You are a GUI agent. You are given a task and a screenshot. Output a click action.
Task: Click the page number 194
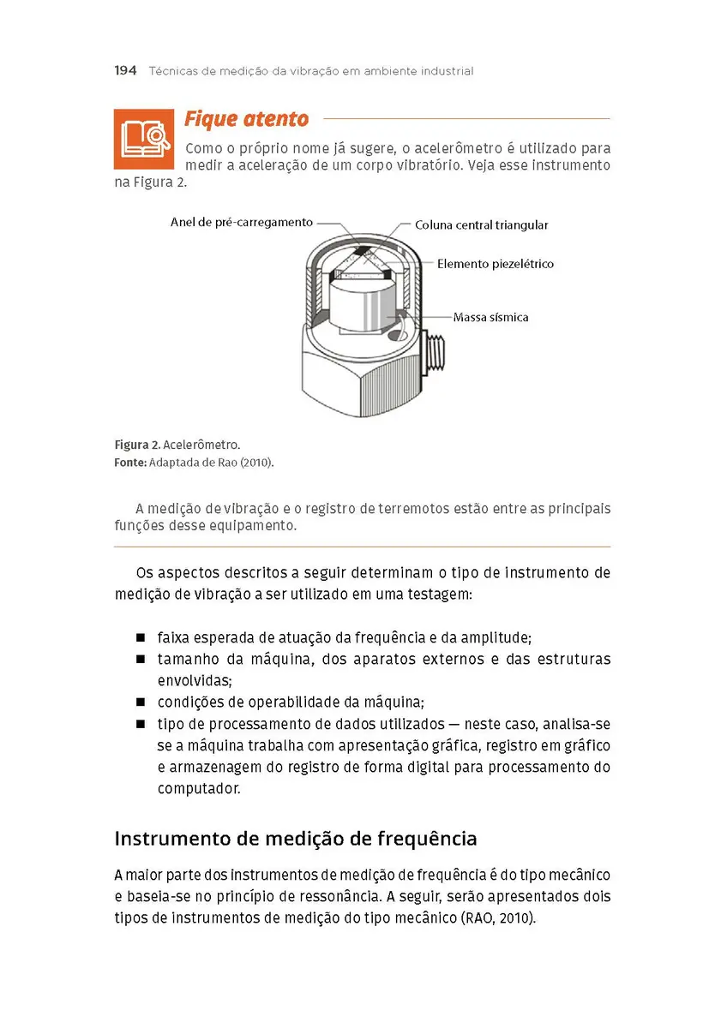(x=125, y=71)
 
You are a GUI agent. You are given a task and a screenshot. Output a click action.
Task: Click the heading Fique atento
(x=246, y=119)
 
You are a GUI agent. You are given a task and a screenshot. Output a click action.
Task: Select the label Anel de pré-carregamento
(x=241, y=222)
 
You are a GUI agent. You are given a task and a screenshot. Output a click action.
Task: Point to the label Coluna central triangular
(x=481, y=225)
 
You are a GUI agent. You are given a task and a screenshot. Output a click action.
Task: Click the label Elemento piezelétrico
(x=495, y=264)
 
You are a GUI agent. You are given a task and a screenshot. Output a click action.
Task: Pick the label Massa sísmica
(x=490, y=317)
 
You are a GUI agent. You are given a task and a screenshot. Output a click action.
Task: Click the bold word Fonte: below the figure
(x=130, y=463)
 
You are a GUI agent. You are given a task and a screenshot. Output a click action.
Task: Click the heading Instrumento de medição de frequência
(x=296, y=839)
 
